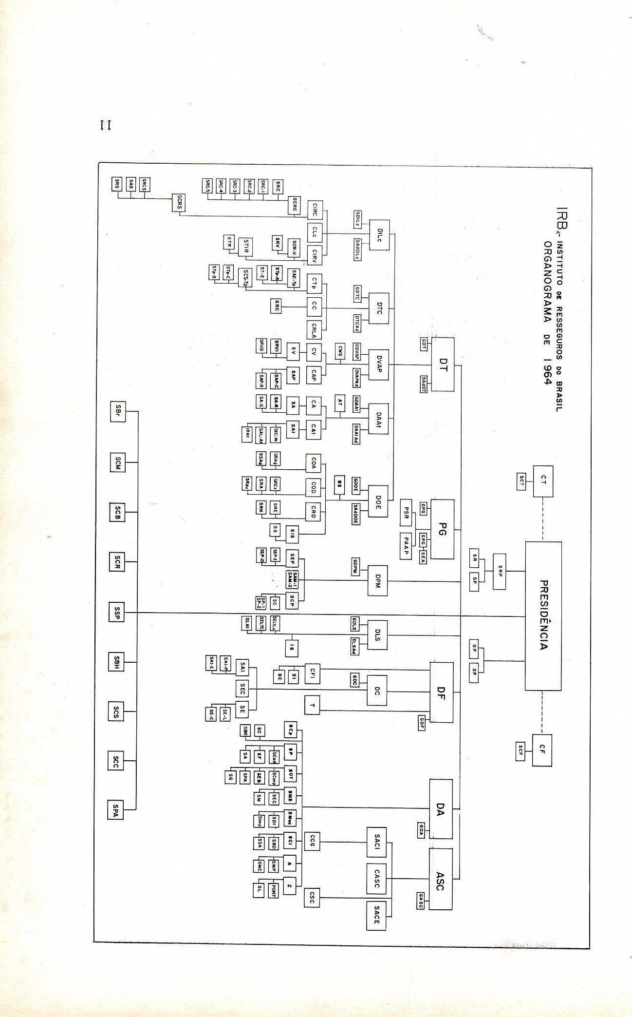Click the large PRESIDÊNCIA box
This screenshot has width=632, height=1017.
[x=543, y=615]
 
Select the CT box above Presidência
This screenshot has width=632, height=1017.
[x=543, y=481]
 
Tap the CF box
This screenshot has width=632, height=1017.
[x=542, y=750]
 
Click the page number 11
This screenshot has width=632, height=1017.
[x=106, y=125]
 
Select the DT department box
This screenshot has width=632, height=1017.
[x=443, y=364]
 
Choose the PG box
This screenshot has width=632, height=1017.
[x=442, y=529]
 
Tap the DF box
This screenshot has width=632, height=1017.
[x=441, y=692]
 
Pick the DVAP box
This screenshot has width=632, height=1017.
[x=378, y=364]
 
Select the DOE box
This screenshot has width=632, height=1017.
[x=378, y=501]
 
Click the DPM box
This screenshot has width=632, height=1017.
[x=377, y=580]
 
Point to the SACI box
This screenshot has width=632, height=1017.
[x=376, y=842]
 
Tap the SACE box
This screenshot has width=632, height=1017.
[x=376, y=915]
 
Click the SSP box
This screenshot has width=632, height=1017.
[x=116, y=612]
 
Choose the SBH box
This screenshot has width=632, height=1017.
[x=116, y=662]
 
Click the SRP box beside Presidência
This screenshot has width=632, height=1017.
[x=499, y=571]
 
